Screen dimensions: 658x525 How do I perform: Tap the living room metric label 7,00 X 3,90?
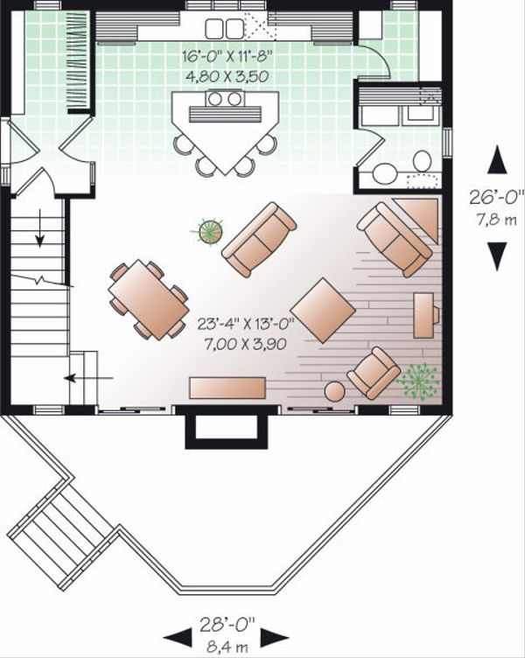click(x=247, y=344)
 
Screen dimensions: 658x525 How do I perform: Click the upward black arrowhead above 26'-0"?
click(x=497, y=161)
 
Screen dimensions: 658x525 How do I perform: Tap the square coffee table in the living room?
click(x=323, y=310)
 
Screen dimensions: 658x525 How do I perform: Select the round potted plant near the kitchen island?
click(x=210, y=232)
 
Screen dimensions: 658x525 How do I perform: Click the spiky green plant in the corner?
click(x=418, y=381)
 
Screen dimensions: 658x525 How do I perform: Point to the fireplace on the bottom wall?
click(x=226, y=428)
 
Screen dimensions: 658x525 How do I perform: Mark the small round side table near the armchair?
click(x=334, y=391)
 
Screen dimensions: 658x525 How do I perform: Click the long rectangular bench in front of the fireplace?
click(x=227, y=387)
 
